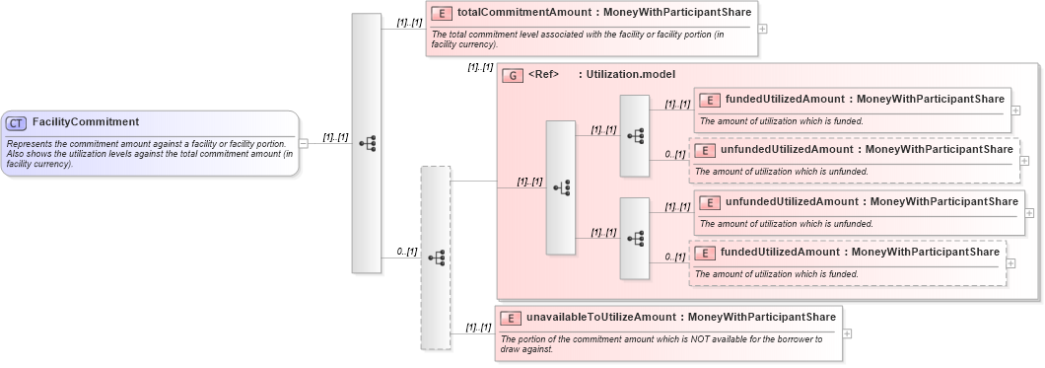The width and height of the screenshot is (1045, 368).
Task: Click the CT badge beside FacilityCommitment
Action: pos(16,122)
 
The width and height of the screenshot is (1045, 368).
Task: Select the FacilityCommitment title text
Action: pos(86,122)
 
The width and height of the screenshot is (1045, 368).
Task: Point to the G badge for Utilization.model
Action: pos(513,75)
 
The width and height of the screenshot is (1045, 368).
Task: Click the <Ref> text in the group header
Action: pos(544,75)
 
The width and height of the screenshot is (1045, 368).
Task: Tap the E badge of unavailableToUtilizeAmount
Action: pos(511,318)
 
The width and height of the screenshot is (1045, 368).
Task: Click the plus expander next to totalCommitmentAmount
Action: pos(762,28)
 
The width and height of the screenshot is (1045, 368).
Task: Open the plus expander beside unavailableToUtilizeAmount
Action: pos(847,332)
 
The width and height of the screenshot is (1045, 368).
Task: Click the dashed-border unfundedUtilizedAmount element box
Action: pos(854,160)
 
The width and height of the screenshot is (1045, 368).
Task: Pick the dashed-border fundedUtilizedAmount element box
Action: pos(847,262)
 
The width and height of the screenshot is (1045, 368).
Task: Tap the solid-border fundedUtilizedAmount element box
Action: pos(852,110)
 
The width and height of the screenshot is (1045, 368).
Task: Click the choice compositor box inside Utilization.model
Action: pos(560,187)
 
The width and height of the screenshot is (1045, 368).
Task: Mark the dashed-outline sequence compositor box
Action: pos(435,257)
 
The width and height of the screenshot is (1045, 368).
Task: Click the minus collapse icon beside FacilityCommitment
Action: pos(304,142)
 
